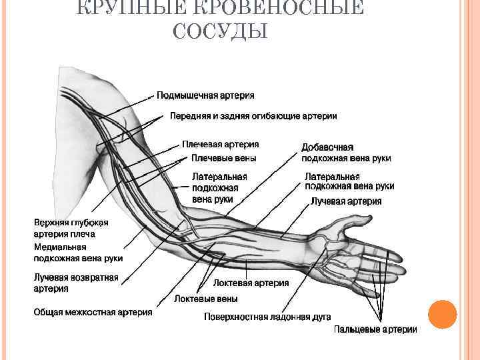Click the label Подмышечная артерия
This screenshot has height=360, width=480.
point(205,96)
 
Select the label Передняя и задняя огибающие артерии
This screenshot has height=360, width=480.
point(253,116)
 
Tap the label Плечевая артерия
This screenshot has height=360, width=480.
point(221,144)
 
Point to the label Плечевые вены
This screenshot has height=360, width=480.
point(223,158)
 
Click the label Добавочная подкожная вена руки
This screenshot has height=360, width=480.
point(346,153)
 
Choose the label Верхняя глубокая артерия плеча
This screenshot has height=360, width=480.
point(71,228)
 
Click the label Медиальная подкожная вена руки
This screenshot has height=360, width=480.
point(78,253)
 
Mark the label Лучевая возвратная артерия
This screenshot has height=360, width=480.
point(76,283)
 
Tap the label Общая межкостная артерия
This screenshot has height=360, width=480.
point(93,311)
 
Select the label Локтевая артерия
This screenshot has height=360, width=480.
point(251,283)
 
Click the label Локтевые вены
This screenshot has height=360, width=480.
point(206,299)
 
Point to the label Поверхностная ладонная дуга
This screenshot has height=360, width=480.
point(267,317)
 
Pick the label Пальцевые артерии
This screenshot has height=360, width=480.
point(375,329)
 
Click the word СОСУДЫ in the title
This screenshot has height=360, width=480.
point(220,31)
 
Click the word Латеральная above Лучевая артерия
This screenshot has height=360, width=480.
point(332,177)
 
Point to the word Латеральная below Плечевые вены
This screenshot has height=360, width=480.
point(219,177)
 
